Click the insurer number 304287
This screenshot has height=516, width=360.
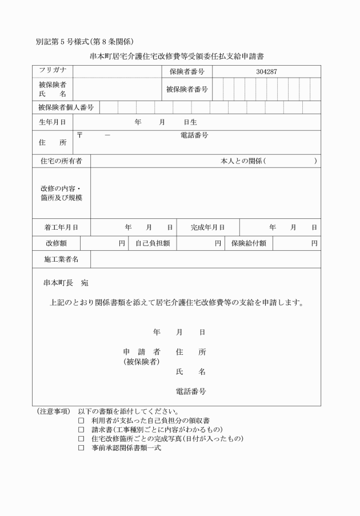[266, 71]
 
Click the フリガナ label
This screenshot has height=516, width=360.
[53, 70]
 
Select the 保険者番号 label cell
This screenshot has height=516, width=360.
[186, 71]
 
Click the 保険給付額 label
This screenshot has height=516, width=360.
[249, 243]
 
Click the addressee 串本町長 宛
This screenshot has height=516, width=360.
[66, 283]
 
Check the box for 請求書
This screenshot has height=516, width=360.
[81, 429]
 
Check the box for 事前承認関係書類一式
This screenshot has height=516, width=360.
[81, 448]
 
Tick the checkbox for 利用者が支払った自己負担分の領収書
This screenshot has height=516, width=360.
[81, 420]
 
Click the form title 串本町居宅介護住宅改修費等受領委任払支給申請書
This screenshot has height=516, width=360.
[177, 57]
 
